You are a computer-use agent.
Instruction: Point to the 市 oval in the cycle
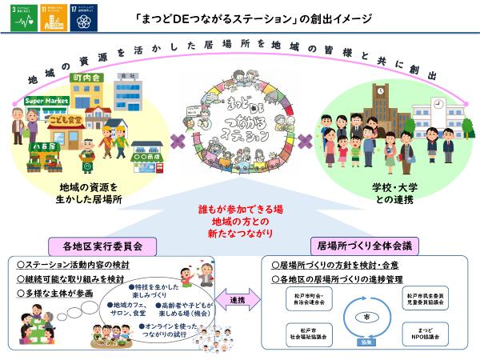click(366, 316)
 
